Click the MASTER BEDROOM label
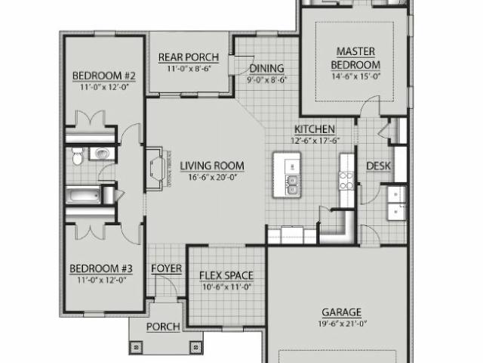tap(357, 57)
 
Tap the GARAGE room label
tap(343, 312)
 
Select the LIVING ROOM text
tap(211, 166)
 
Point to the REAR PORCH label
tap(188, 57)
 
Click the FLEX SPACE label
tap(226, 275)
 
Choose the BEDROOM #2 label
tap(103, 76)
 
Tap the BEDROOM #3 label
tap(101, 268)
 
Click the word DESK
tap(377, 166)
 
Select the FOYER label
tap(165, 268)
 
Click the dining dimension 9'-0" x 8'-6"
tap(267, 79)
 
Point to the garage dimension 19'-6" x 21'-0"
tap(343, 323)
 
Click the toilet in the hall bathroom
tap(76, 157)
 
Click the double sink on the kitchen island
tap(291, 183)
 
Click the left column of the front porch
tap(137, 347)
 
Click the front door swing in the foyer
tap(174, 287)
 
